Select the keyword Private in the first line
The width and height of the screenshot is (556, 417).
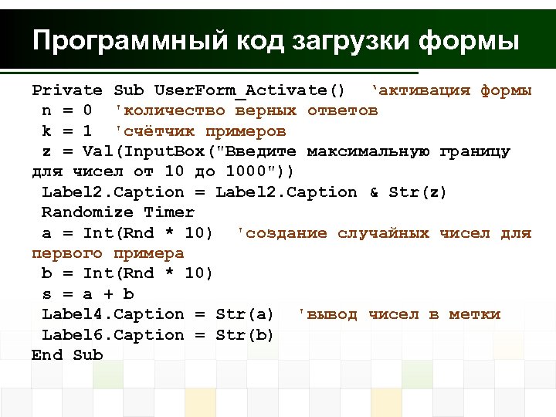click(x=67, y=90)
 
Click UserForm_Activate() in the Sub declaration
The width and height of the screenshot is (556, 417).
click(x=249, y=90)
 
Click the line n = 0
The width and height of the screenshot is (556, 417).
click(x=67, y=110)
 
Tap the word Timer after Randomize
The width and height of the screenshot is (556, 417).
click(x=168, y=212)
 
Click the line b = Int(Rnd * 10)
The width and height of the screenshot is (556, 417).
click(x=127, y=273)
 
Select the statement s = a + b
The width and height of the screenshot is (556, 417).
click(x=87, y=294)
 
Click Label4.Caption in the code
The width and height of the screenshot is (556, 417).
click(x=113, y=314)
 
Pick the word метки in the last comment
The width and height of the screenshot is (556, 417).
click(x=475, y=314)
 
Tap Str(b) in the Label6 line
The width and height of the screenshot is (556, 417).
click(x=245, y=335)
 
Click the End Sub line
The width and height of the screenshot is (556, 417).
click(x=67, y=355)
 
